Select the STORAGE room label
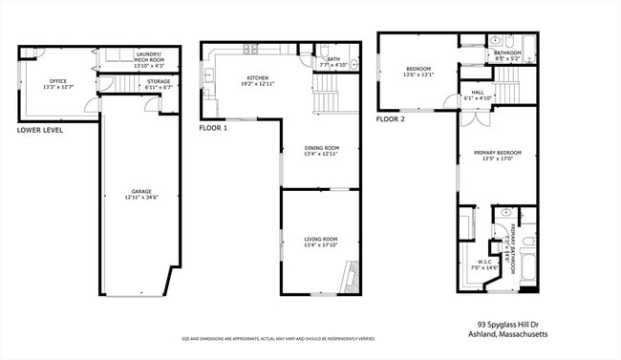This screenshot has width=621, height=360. (x=159, y=81)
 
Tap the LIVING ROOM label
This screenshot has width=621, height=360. (x=321, y=238)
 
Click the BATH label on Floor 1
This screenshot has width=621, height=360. (x=333, y=59)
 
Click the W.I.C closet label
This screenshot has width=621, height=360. (x=478, y=261)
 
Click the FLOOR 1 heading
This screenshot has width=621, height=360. (x=213, y=127)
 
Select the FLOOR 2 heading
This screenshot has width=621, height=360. (x=390, y=119)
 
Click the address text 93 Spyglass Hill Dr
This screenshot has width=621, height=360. (x=509, y=325)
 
